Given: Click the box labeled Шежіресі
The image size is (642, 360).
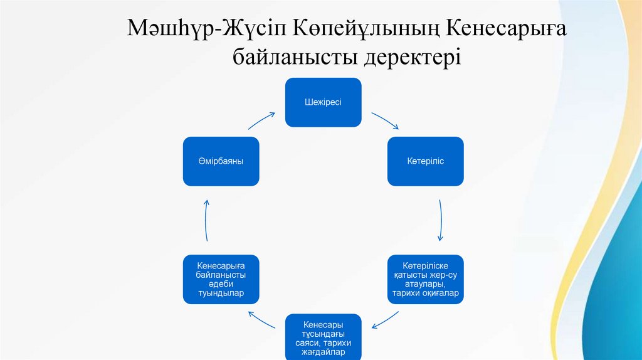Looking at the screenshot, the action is (324, 102).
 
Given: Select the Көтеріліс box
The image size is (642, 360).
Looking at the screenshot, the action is (426, 161).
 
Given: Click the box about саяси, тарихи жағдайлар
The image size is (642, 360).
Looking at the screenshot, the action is (324, 337).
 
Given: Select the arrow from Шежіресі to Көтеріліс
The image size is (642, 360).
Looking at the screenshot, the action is (385, 120).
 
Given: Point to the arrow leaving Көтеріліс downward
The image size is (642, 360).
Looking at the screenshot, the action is (441, 220).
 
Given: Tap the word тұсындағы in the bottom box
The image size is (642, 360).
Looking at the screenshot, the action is (324, 333).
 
